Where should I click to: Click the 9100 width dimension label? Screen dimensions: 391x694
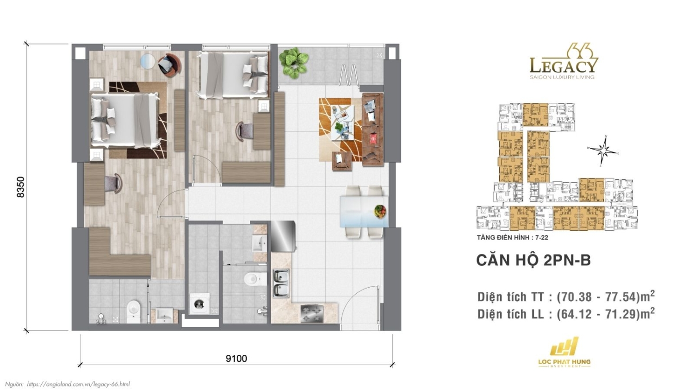tap(236, 359)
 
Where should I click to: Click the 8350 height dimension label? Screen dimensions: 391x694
tap(21, 187)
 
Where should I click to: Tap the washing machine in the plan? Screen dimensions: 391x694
tap(199, 304)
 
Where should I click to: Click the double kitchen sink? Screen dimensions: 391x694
tap(281, 283)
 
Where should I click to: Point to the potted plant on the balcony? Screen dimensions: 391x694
tap(294, 62)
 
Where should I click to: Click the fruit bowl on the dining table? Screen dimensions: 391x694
tap(380, 211)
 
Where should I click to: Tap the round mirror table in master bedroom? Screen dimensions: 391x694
tap(149, 61)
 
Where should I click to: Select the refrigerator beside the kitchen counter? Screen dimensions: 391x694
tap(283, 236)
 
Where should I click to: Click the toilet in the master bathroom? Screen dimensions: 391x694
tap(133, 310)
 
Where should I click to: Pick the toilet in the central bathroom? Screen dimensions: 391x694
tap(254, 279)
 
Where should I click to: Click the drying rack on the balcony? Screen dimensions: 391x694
tap(349, 75)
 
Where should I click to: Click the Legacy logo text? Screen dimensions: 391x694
tap(564, 65)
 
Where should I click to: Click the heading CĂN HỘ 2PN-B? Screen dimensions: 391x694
tap(533, 260)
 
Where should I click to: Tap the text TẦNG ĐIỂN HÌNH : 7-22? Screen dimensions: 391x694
tap(512, 238)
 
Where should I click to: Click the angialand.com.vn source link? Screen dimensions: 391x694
tap(78, 384)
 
